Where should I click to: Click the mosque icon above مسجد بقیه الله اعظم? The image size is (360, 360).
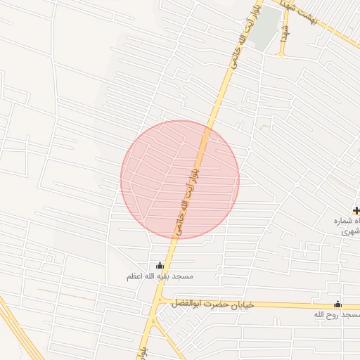click(x=160, y=266)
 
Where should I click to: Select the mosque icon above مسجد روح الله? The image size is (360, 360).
click(x=337, y=304)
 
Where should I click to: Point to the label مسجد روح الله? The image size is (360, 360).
click(x=331, y=316)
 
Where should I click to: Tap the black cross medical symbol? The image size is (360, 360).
click(x=356, y=210)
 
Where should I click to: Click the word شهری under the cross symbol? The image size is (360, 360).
click(x=349, y=231)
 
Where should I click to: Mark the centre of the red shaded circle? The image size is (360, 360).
click(x=180, y=180)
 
